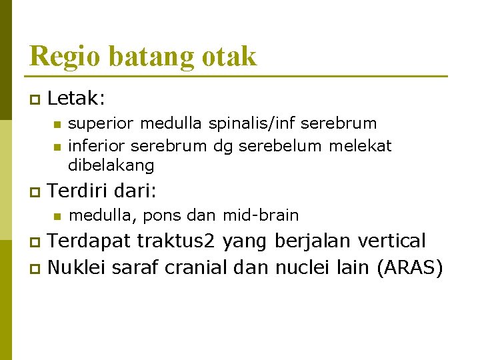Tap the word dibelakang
coord(111,165)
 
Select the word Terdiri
coord(78,191)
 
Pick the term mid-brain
coord(261,215)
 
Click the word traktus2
coord(177,240)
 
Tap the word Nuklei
coord(77,267)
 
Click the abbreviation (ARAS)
coord(409,268)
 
